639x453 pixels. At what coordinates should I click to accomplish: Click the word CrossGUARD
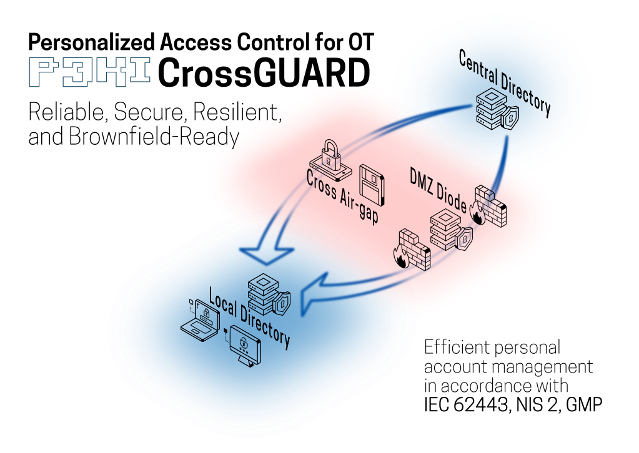[263, 73]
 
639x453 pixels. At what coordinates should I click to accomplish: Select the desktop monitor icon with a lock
[245, 344]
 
